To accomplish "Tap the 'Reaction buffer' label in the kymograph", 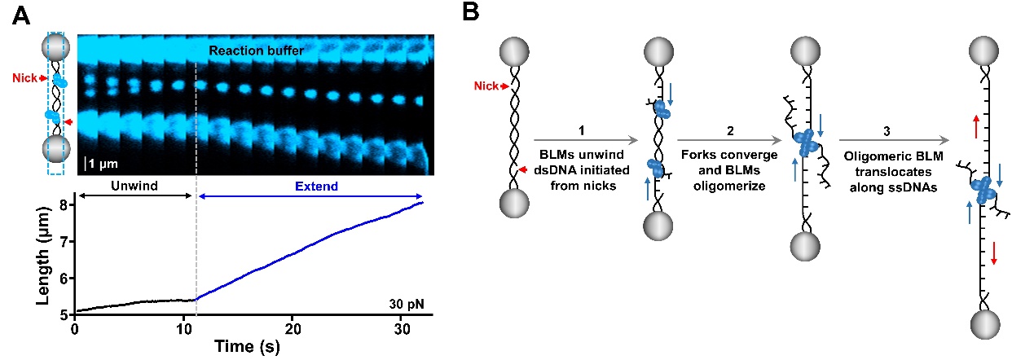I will tap(256, 50).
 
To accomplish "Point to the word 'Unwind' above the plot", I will tap(134, 186).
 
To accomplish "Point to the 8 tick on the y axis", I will tap(63, 204).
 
